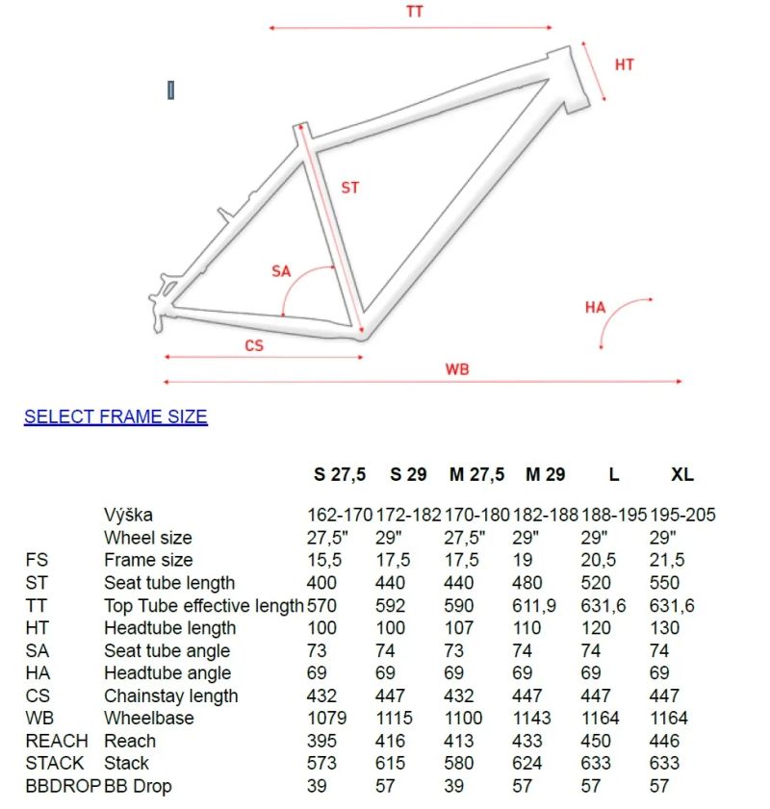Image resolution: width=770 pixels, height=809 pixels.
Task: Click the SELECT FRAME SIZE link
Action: click(x=115, y=417)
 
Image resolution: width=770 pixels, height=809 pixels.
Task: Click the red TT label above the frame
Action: click(x=415, y=12)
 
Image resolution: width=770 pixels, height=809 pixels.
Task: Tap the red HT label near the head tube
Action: click(x=624, y=64)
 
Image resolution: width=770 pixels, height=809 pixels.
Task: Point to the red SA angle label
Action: click(x=280, y=271)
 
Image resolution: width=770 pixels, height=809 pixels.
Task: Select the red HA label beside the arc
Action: click(x=595, y=308)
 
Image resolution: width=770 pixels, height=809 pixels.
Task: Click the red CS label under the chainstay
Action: click(x=253, y=345)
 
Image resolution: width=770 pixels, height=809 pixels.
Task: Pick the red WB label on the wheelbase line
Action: click(x=457, y=369)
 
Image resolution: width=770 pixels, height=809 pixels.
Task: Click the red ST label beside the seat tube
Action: click(x=349, y=188)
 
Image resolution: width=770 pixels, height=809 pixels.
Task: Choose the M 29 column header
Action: click(x=545, y=474)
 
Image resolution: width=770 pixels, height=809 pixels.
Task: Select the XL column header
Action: click(x=682, y=474)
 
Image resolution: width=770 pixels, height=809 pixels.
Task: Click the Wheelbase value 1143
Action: click(x=532, y=718)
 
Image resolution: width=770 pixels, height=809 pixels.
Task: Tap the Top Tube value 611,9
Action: click(x=536, y=605)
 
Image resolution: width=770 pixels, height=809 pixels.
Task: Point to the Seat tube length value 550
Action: click(x=664, y=582)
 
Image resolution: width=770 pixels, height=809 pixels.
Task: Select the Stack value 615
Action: click(x=395, y=763)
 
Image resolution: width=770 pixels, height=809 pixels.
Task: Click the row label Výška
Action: click(x=128, y=516)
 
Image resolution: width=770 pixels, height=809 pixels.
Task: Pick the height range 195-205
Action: click(x=683, y=516)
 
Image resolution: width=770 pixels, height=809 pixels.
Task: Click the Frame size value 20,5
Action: click(x=599, y=560)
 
